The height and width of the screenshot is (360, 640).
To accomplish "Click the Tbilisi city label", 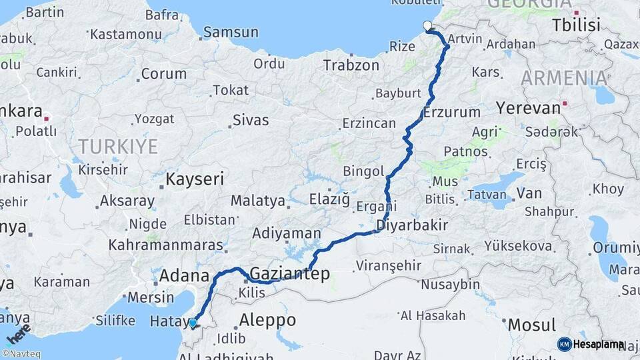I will [576, 25].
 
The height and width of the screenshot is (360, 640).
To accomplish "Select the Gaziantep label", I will [289, 273].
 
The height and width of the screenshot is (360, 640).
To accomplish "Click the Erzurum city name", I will [451, 111].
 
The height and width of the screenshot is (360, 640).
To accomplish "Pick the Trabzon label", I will [351, 65].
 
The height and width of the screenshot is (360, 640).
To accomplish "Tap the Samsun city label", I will [231, 31].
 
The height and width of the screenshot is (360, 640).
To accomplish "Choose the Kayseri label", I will [194, 179].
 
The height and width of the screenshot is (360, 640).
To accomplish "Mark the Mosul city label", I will [531, 325].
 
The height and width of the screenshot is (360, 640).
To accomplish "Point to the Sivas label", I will [251, 121].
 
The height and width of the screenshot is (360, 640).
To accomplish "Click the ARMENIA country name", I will [564, 78].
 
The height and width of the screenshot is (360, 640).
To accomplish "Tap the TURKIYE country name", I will [118, 146].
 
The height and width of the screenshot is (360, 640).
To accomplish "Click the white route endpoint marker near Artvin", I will [427, 26].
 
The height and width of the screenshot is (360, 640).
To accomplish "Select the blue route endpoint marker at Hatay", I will [193, 323].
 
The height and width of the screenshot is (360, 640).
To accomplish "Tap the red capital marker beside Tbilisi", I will [576, 12].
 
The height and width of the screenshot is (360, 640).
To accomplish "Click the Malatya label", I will [257, 201].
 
